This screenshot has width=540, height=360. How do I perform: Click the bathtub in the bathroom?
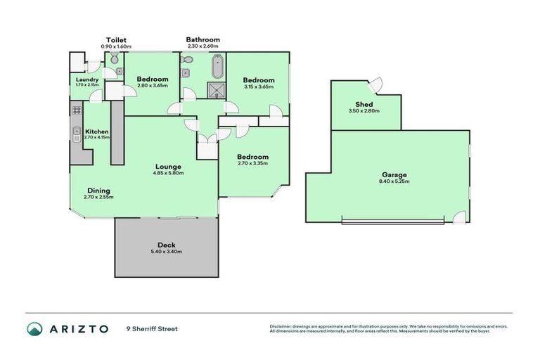click(x=216, y=67)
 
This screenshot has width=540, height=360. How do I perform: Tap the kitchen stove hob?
click(x=76, y=110)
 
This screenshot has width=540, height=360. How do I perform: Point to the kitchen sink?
click(x=76, y=131)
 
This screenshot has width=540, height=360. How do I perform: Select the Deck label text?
click(x=167, y=245)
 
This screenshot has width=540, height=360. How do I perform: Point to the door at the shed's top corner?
click(x=375, y=84)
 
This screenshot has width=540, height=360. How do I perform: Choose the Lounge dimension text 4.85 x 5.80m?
click(x=169, y=173)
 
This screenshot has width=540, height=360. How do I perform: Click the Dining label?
click(x=98, y=190)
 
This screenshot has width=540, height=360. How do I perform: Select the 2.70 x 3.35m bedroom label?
click(x=252, y=163)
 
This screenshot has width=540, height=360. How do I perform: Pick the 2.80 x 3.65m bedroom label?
click(x=152, y=86)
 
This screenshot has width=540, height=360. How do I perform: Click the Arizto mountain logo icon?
click(x=34, y=328)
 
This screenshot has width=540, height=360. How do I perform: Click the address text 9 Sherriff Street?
click(x=153, y=328)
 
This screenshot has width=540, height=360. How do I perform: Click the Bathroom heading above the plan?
click(x=203, y=40)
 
